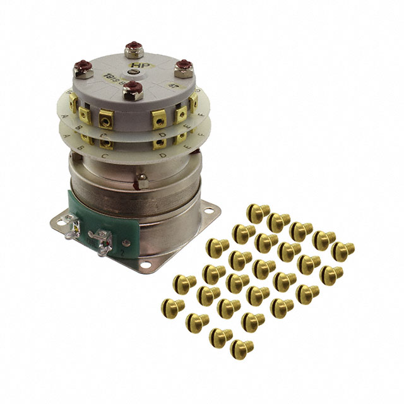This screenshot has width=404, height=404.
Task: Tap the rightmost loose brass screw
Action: [343, 249]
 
